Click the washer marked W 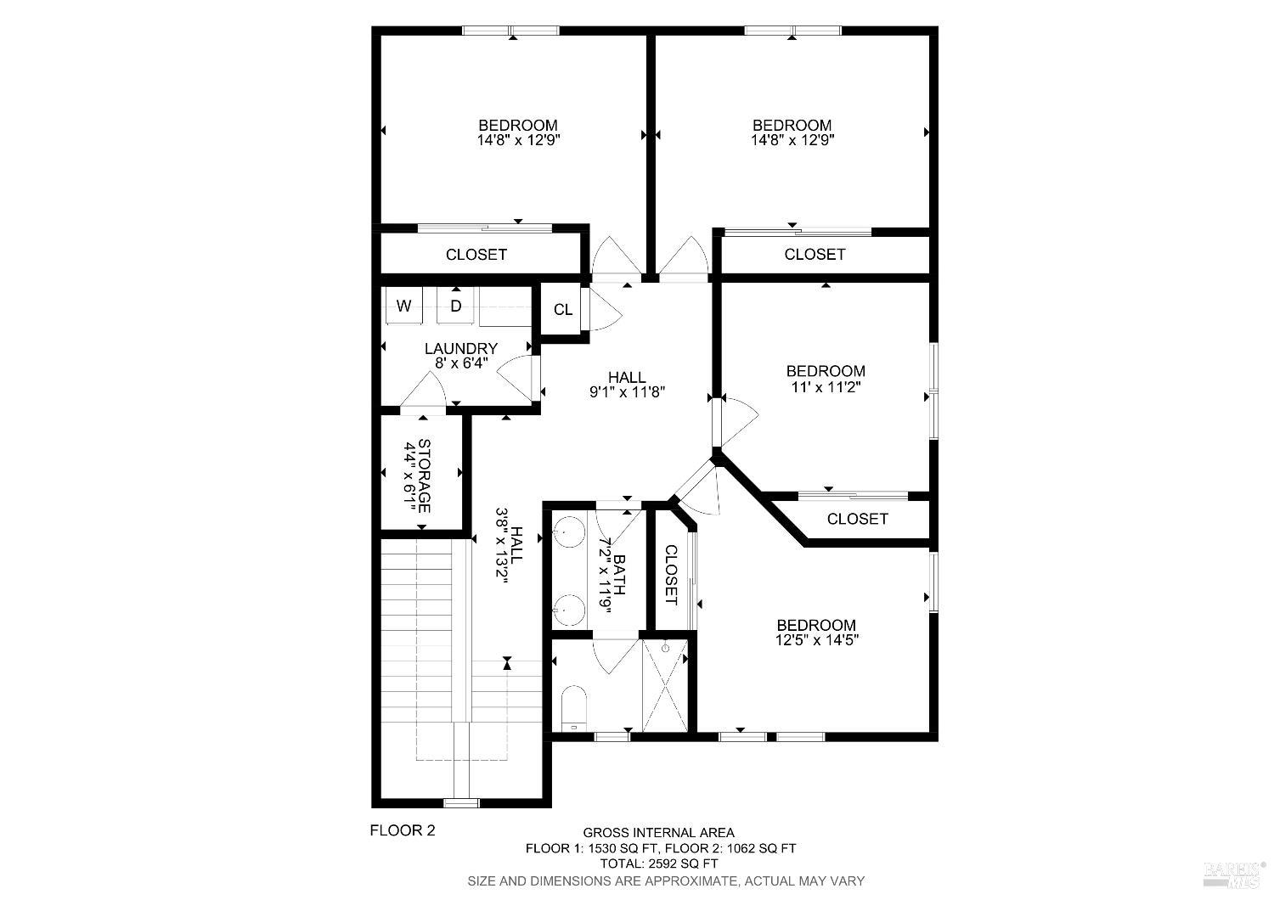[x=404, y=306]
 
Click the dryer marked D [x=456, y=306]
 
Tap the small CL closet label [x=563, y=310]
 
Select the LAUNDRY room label [x=460, y=348]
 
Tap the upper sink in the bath [x=569, y=532]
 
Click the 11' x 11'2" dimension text [x=826, y=387]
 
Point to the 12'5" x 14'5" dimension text [x=817, y=641]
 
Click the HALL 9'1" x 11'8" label [x=627, y=385]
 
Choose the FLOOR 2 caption [x=402, y=830]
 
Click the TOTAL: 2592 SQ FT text [x=658, y=863]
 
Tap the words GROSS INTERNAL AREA [x=658, y=833]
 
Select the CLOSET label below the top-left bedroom [x=476, y=255]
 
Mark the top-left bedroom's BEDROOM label [x=518, y=126]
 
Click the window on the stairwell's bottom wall [x=461, y=802]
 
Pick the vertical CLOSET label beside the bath [x=670, y=575]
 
